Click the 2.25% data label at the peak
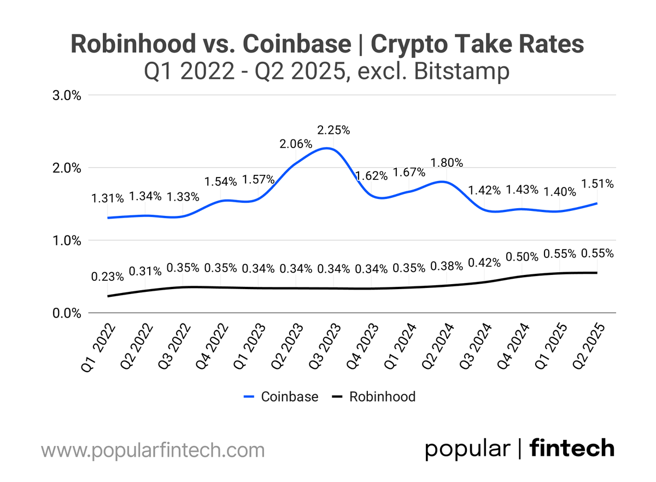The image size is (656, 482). (333, 131)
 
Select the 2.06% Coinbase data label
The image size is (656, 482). (296, 144)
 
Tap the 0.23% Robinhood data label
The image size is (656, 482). (108, 277)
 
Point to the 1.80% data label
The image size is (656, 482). (447, 163)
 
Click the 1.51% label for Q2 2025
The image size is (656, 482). (598, 184)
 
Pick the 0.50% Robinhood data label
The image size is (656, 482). (522, 257)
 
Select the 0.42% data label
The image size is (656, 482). (484, 262)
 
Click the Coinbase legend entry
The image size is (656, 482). (280, 397)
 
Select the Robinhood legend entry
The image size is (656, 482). (374, 397)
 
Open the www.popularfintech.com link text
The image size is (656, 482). (153, 451)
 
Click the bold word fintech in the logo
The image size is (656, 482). (572, 449)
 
